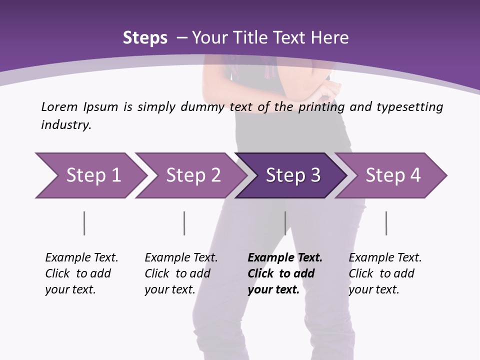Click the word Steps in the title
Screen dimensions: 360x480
pos(145,38)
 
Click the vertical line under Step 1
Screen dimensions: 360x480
pos(84,223)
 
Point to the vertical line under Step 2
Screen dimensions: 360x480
pos(184,223)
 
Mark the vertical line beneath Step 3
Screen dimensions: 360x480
pos(285,223)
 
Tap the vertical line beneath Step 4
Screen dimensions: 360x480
pos(386,223)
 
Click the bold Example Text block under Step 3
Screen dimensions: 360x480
pos(284,273)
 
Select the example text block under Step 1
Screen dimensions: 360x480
pos(81,273)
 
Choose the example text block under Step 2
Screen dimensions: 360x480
pos(181,273)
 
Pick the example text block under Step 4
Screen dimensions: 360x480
pos(385,273)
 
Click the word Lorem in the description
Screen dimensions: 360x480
pos(59,107)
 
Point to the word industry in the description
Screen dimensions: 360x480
pos(65,125)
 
